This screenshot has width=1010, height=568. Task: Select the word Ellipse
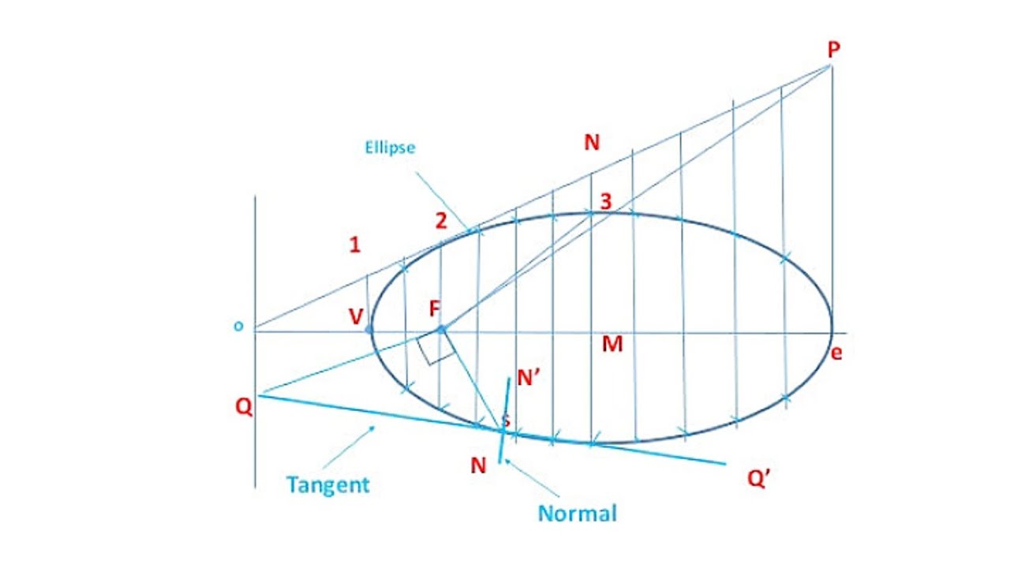point(390,148)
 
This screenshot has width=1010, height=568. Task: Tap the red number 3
point(605,202)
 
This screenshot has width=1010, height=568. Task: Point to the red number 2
point(441,222)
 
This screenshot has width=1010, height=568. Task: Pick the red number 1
point(355,245)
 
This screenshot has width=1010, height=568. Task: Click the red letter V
point(356,317)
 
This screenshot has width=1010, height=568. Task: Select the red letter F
point(435,308)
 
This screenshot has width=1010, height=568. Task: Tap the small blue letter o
point(238,327)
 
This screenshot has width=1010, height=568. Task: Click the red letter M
point(612,345)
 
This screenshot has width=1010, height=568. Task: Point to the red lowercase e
point(836,353)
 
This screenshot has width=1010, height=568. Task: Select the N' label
point(529,379)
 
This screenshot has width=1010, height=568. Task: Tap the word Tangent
point(327,484)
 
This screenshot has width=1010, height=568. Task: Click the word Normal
point(577,514)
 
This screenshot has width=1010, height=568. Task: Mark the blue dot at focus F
point(441,328)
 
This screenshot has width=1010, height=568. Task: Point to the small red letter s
point(506,420)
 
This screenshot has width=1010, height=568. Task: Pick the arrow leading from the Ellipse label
point(443,196)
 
